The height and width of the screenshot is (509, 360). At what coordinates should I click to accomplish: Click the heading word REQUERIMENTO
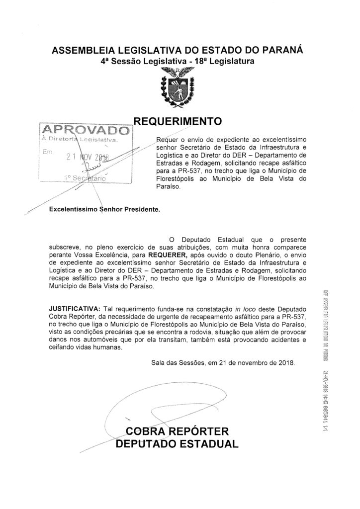[178, 121]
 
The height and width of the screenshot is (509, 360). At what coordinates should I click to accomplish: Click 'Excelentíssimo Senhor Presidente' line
[105, 210]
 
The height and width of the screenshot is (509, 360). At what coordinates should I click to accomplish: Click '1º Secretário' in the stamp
[87, 177]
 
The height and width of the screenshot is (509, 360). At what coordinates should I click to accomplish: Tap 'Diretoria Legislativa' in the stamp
[84, 141]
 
